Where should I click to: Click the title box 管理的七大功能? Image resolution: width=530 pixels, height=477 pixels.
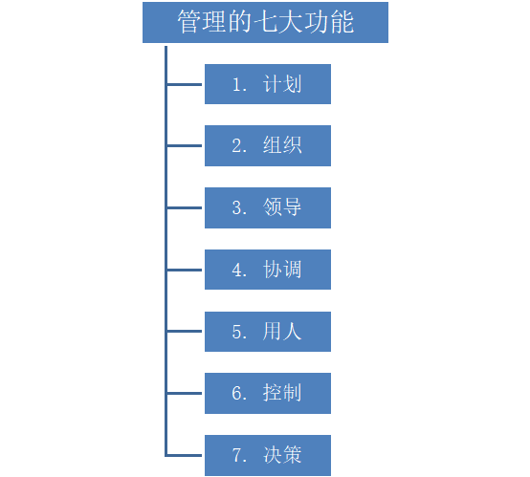point(265,22)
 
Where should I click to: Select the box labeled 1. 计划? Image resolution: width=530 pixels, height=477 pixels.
point(268,84)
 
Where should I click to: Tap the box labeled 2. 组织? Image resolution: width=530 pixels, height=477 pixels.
point(268,145)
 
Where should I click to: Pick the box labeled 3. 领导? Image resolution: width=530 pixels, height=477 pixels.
point(268,207)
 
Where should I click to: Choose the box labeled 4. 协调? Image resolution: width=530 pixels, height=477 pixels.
point(268,270)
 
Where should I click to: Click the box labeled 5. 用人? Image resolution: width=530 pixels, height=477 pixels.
point(268,332)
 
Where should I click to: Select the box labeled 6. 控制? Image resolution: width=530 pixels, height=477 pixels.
point(268,393)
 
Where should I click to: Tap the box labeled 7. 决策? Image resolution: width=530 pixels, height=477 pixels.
point(268,455)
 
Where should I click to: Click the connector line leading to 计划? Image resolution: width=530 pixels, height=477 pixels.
point(185,84)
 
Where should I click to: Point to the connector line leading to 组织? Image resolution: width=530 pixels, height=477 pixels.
point(185,146)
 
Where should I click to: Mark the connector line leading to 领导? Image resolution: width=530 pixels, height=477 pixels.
point(185,207)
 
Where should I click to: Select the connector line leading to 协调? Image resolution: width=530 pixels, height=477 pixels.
point(185,270)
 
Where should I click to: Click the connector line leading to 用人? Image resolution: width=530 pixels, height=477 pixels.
point(185,332)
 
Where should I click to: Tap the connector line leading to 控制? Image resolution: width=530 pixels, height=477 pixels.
point(185,393)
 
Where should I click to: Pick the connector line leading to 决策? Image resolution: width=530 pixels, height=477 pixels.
point(185,455)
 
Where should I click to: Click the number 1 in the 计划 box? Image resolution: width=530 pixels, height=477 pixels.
point(237,84)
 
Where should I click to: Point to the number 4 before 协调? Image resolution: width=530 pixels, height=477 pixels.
point(237,270)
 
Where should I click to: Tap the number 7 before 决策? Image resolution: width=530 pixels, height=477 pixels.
point(237,455)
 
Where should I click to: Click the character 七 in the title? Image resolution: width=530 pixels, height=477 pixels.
point(265,22)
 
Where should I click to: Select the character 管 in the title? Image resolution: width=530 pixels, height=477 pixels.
point(189,22)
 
